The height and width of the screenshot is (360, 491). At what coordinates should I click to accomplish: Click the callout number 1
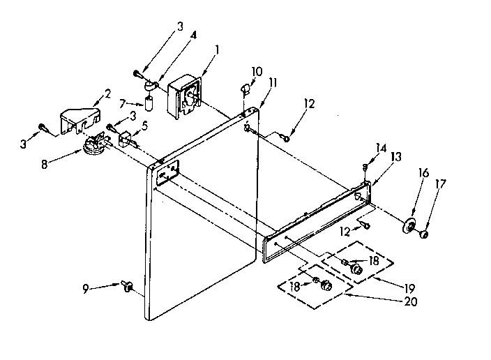(217, 50)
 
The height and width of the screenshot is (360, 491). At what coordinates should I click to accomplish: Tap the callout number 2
(107, 93)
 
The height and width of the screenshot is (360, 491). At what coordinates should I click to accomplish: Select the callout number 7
(123, 103)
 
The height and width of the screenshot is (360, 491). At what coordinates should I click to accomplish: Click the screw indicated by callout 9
(128, 285)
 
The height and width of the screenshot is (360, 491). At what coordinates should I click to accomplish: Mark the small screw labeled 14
(365, 167)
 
